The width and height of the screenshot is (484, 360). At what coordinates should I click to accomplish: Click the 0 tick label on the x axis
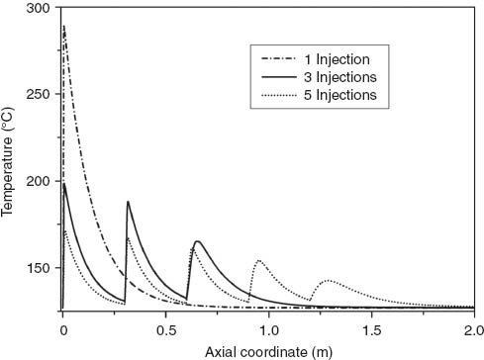pyautogui.click(x=62, y=327)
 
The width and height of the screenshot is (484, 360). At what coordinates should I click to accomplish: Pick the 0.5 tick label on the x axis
pyautogui.click(x=165, y=327)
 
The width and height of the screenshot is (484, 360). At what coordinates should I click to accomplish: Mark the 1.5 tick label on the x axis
pyautogui.click(x=371, y=327)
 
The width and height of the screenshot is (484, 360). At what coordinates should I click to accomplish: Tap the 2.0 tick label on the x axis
pyautogui.click(x=473, y=327)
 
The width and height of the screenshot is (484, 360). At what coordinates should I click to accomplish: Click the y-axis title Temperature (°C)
pyautogui.click(x=12, y=158)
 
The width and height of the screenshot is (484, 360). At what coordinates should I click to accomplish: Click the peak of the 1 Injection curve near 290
pyautogui.click(x=64, y=27)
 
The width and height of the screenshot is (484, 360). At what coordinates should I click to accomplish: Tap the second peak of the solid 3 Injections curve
pyautogui.click(x=128, y=202)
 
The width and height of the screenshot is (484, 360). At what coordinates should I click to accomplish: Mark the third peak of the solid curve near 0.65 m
pyautogui.click(x=197, y=241)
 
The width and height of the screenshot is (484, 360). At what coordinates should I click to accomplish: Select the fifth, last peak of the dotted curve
pyautogui.click(x=328, y=281)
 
